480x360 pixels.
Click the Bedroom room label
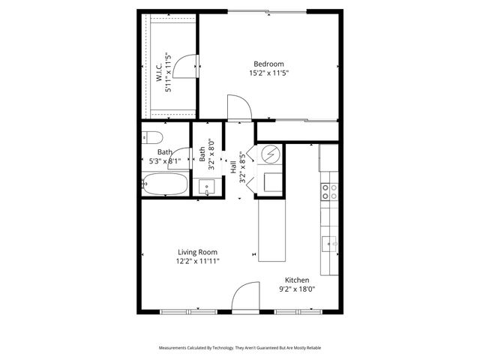269,64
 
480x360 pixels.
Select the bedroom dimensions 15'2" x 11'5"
269,73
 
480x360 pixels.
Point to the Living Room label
198,252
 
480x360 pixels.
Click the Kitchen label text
296,280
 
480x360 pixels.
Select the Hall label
233,169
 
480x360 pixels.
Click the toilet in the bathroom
151,137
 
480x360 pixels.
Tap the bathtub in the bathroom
164,184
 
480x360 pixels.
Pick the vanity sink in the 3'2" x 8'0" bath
206,187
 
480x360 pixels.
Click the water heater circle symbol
270,155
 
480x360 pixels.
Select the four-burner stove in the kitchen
328,192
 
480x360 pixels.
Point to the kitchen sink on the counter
329,242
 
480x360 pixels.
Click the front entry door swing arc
245,298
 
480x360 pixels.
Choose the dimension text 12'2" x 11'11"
198,262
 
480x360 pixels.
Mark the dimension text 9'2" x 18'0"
296,289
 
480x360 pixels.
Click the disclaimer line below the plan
240,348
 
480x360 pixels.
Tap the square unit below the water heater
270,181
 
